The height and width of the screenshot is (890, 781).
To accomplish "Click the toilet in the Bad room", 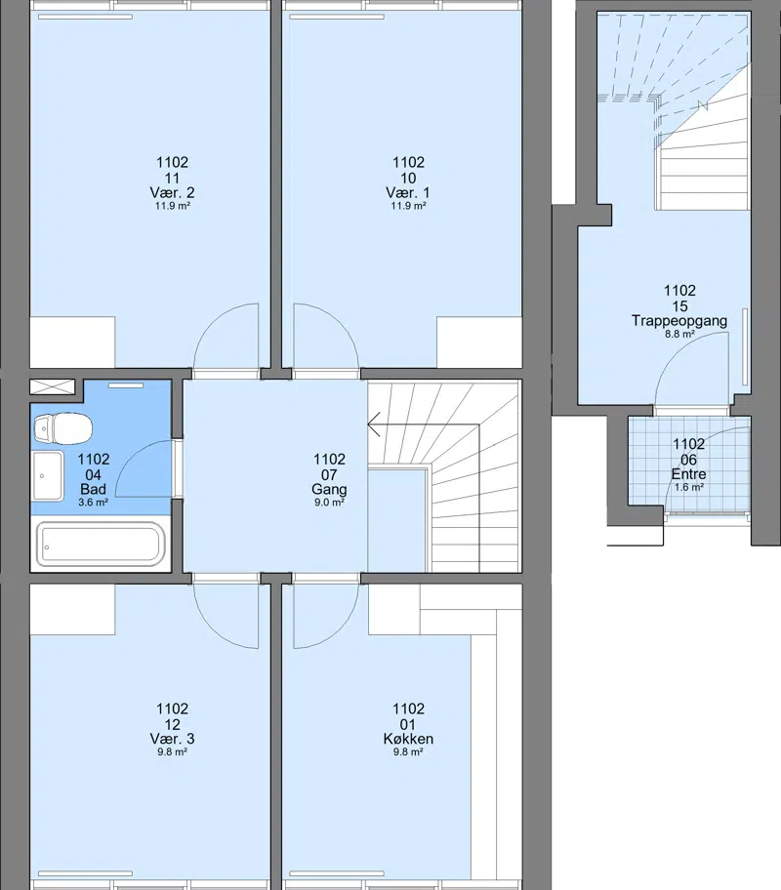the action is point(62,427).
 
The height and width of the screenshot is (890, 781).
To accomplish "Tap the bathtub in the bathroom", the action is point(101,545).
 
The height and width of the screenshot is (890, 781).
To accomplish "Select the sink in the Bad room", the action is point(48,476).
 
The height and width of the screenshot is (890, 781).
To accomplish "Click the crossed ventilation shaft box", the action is point(53,386).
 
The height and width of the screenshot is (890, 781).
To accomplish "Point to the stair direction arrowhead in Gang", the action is point(374,424).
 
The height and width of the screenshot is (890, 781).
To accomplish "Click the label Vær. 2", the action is point(172,192).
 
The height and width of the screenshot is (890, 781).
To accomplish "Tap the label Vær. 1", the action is point(408,192).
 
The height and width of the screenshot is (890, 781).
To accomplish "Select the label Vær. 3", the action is point(172,739).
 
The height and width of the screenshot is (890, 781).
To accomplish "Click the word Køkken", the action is point(408,739).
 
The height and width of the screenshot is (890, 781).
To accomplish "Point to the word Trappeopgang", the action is point(679,321).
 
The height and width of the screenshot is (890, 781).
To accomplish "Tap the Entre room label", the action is point(688,474).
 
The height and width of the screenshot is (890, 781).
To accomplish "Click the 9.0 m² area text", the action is point(329,503).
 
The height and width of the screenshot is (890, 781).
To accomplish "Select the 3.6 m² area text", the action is point(93,503).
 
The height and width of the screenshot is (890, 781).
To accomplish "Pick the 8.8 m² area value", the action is point(679,335).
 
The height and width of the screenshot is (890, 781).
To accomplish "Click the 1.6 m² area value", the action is point(689,488).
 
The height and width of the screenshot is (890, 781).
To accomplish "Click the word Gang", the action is point(329,489).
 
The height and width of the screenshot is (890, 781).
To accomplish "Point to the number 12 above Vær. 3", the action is point(172,724).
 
